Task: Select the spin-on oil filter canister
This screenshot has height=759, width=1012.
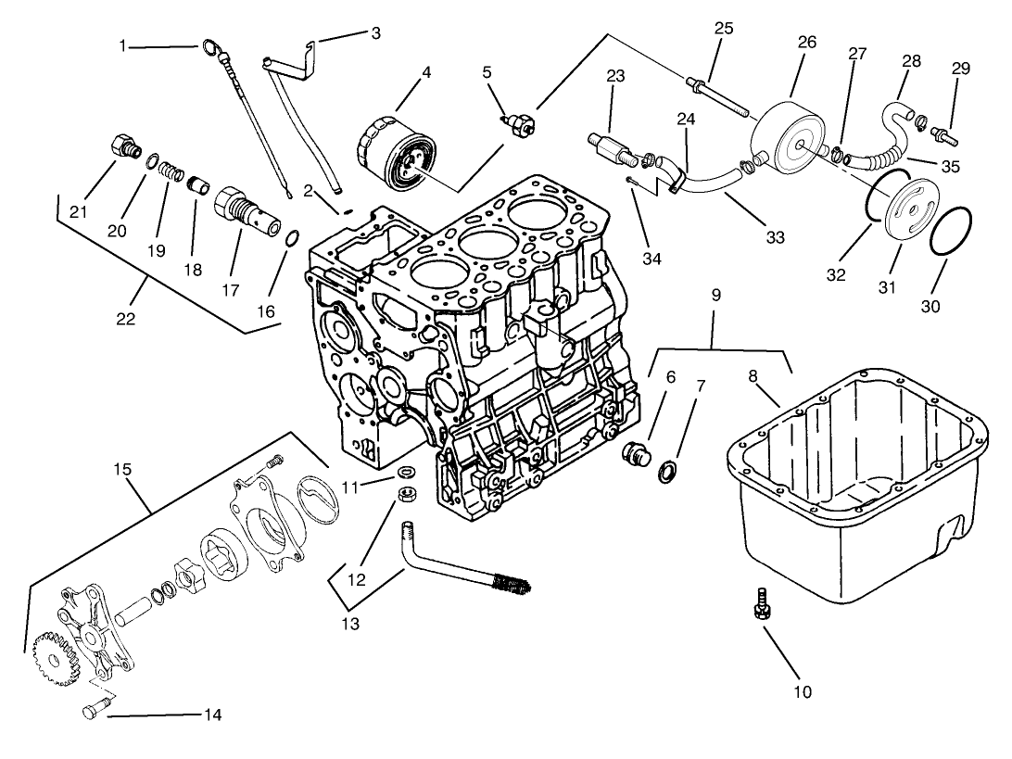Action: pyautogui.click(x=396, y=152)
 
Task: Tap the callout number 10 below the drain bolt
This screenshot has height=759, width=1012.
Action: pyautogui.click(x=802, y=690)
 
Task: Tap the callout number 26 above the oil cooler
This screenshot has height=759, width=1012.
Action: pyautogui.click(x=805, y=43)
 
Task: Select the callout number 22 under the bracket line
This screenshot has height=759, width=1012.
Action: pyautogui.click(x=126, y=318)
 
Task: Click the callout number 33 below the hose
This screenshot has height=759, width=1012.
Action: pyautogui.click(x=775, y=237)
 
